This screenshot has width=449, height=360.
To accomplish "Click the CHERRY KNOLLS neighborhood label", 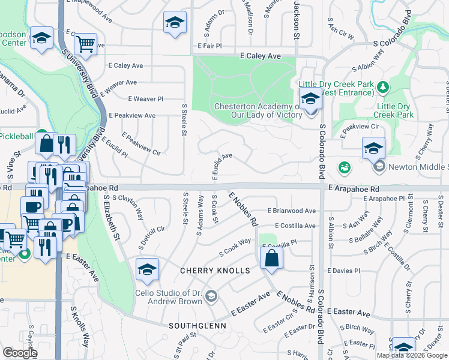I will coord(215,271).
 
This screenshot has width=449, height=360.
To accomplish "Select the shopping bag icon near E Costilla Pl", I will coord(271,258).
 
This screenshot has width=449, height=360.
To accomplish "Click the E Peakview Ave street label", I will coord(133,115).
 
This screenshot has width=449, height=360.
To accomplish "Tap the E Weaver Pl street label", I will coord(145,98).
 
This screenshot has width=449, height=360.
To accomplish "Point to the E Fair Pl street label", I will coord(209,46).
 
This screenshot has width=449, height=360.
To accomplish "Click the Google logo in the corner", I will coord(20,353).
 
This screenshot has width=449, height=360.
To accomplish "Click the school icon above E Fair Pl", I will coord(175,23).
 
